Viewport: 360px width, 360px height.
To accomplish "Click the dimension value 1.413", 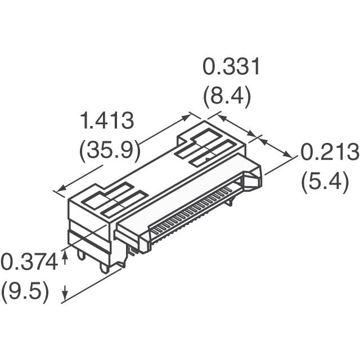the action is pyautogui.click(x=107, y=121).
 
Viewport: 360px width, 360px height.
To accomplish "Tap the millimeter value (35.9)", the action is pyautogui.click(x=109, y=150).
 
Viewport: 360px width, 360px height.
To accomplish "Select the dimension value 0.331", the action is pyautogui.click(x=231, y=66).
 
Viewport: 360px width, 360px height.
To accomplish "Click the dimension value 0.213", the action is pyautogui.click(x=330, y=152).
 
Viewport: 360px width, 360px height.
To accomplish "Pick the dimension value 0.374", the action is pyautogui.click(x=29, y=262).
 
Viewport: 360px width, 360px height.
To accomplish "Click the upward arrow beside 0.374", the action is pyautogui.click(x=65, y=257).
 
